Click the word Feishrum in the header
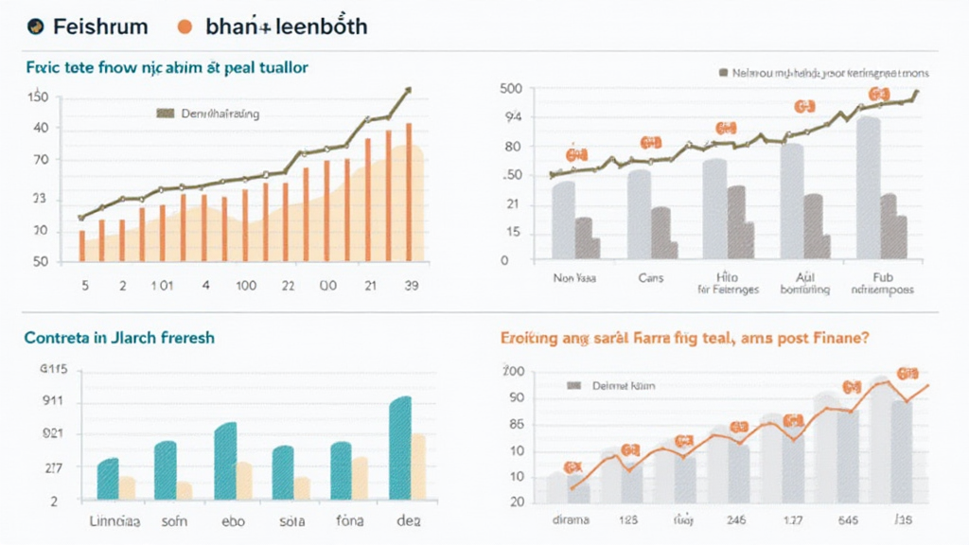(x=100, y=26)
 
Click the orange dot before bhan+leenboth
(x=185, y=26)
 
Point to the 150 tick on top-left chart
(x=38, y=97)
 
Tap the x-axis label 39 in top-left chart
(x=411, y=284)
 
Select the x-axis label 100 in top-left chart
(x=247, y=284)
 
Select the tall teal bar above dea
(x=400, y=448)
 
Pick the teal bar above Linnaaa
(x=108, y=478)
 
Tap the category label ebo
(x=233, y=520)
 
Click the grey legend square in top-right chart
(x=724, y=72)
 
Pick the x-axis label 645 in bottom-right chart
(x=849, y=519)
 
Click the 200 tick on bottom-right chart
(x=513, y=370)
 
